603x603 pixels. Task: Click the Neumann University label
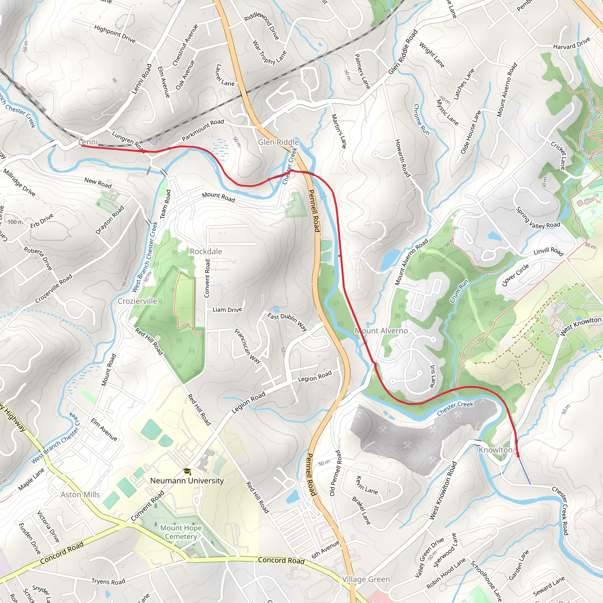click(x=187, y=481)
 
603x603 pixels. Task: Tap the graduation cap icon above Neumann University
click(x=187, y=471)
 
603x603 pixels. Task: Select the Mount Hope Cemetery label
click(x=181, y=532)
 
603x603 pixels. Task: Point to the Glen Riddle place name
click(x=279, y=142)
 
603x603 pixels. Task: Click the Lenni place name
click(x=88, y=142)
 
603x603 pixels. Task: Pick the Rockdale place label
click(x=206, y=251)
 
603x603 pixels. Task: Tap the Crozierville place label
click(x=137, y=301)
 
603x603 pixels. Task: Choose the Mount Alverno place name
click(x=381, y=331)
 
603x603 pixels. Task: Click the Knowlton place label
click(x=496, y=450)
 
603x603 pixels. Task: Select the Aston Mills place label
click(x=80, y=494)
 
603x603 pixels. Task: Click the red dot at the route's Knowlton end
click(x=518, y=456)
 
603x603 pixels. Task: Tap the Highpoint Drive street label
click(x=115, y=34)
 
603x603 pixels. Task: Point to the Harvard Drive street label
click(x=572, y=44)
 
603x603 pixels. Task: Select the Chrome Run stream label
click(x=421, y=120)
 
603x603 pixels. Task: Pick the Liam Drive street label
click(x=227, y=310)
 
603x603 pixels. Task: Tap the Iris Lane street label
click(x=433, y=376)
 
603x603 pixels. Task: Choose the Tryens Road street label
click(x=108, y=582)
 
